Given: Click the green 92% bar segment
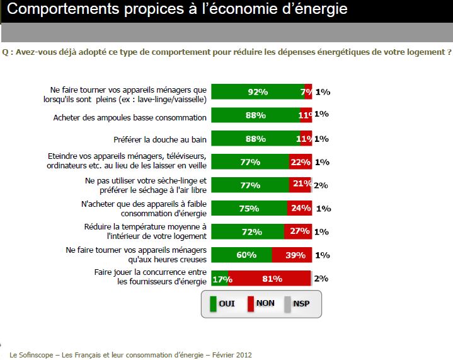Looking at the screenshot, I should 257,91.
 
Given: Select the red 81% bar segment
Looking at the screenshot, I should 270,278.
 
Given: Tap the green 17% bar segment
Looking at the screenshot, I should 219,278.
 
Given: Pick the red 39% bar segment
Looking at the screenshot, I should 292,255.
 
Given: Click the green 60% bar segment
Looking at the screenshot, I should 241,255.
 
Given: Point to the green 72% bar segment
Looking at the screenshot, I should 247,231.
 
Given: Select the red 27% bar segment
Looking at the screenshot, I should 297,231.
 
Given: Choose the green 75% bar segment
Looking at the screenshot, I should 249,208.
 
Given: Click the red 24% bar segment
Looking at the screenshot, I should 299,208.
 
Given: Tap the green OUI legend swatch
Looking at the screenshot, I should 212,304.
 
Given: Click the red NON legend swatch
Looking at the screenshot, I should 250,304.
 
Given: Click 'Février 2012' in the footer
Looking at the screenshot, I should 233,355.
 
